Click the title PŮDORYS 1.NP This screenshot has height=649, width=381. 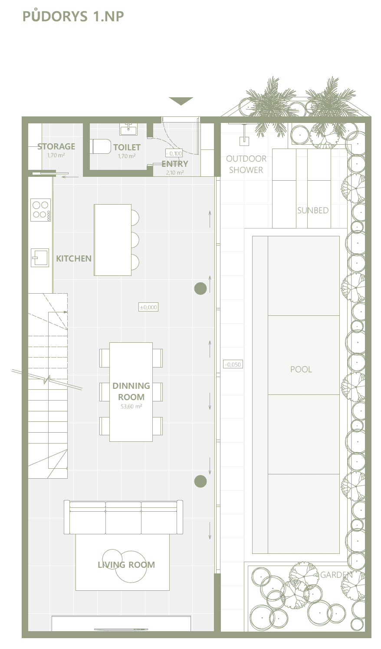coord(73,16)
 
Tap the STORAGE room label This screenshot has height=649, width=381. coord(56,146)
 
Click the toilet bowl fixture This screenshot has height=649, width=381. coord(101,146)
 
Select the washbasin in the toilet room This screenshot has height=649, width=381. coord(128,129)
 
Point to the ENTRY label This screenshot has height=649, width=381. coord(175,164)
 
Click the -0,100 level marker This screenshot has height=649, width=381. coord(174,153)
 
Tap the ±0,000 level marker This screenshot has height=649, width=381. coord(148,307)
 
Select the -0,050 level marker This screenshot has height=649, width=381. coord(233,364)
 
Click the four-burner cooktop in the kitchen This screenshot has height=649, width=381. coord(40,210)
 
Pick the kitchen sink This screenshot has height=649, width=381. coord(39,258)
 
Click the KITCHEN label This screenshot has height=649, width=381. coord(73,258)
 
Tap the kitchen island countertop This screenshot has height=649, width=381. coord(113,240)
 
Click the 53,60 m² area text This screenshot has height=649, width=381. coord(131,406)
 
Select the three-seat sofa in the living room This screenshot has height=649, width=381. coord(123,517)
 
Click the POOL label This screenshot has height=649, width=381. coord(301,369)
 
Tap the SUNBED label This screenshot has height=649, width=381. coord(313,210)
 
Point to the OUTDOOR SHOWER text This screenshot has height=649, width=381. coord(246,164)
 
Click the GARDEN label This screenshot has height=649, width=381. coord(336,575)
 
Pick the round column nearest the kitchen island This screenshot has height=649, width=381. coord(200,288)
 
